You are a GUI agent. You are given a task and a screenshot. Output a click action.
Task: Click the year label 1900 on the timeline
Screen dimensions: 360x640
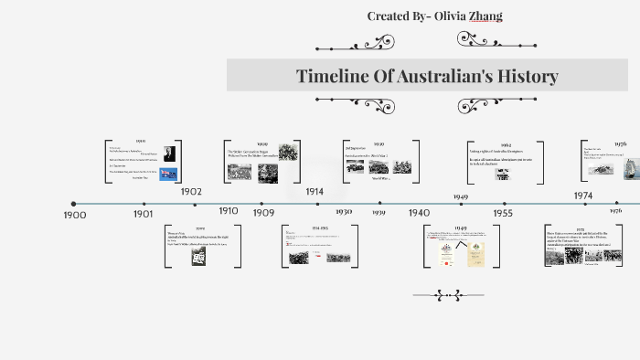coord(75,215)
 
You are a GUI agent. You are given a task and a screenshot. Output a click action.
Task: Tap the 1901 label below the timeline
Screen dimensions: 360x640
coord(143,213)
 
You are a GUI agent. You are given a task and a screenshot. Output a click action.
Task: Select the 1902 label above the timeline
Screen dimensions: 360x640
coord(191,192)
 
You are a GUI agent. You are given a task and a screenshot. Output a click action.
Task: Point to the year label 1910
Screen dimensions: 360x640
coord(229,211)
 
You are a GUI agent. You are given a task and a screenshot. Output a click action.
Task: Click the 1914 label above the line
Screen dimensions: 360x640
coord(315,192)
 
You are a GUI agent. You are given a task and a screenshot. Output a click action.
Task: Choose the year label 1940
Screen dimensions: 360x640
coord(419,213)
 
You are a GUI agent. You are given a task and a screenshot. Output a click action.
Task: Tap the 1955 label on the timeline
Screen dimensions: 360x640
coord(503,212)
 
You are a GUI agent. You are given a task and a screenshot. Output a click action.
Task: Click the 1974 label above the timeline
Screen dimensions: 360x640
coord(582,196)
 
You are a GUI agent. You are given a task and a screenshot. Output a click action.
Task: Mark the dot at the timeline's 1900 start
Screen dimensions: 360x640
coord(74,204)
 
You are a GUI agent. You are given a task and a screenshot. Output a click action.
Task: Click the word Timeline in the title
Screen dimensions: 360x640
coord(332,76)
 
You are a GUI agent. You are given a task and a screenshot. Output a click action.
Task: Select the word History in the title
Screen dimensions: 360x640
coord(525,76)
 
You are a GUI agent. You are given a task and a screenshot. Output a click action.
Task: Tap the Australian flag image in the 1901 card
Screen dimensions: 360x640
coord(168,173)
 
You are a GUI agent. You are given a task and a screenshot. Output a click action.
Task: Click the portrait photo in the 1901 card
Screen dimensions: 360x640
coord(169,153)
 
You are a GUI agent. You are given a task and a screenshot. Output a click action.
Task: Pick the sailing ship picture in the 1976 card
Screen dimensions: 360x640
coord(629,168)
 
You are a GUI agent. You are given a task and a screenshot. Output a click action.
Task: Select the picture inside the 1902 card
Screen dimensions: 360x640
coord(198,256)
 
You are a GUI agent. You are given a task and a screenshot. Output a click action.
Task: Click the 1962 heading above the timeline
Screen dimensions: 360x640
coord(506,144)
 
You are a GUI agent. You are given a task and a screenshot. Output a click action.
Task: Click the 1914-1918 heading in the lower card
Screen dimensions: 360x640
coord(320,228)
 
